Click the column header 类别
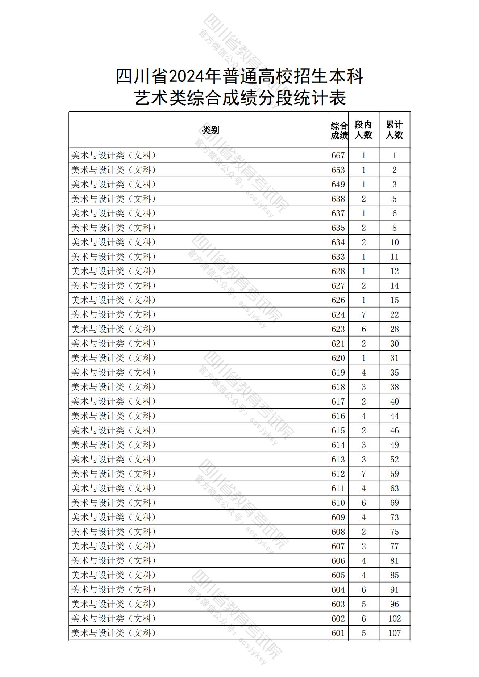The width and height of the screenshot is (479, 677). tap(210, 130)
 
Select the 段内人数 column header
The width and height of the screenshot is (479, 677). tap(363, 130)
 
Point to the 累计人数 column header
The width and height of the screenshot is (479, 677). tap(394, 130)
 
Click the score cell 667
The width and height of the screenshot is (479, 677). tap(338, 156)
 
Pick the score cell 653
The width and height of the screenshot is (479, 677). tap(338, 170)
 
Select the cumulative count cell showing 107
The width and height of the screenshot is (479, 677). tap(394, 633)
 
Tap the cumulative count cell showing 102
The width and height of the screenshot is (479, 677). tap(394, 619)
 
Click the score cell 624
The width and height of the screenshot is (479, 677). tap(338, 315)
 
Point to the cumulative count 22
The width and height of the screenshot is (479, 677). tap(394, 315)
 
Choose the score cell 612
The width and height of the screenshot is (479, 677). tap(338, 474)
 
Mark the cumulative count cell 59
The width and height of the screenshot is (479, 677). tap(394, 474)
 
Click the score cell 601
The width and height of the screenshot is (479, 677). tap(338, 633)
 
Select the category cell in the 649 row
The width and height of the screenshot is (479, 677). tap(114, 185)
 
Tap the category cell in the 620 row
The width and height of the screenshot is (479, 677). tap(114, 358)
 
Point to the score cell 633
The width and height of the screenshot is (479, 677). tap(338, 257)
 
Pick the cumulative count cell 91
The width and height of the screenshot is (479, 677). tap(394, 590)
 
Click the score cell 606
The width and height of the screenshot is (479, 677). tap(338, 561)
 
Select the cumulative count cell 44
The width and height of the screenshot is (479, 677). tap(394, 416)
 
